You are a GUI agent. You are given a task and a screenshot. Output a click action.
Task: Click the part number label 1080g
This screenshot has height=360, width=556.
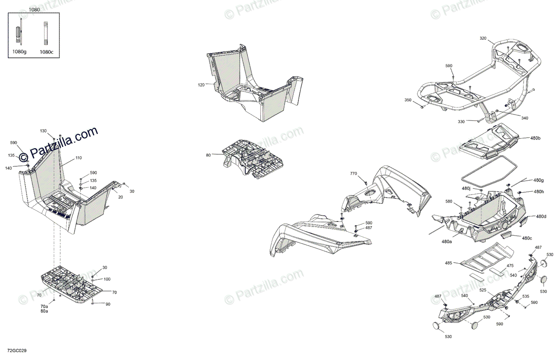click(x=19, y=52)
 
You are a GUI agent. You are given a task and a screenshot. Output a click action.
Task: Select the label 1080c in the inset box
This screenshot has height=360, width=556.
click(x=46, y=52)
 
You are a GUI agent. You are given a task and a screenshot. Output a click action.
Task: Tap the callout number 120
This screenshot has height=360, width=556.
click(x=201, y=85)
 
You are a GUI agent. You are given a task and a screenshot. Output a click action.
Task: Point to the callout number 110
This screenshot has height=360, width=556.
click(x=78, y=158)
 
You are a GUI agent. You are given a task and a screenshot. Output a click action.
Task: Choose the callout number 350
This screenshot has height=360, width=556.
click(x=408, y=100)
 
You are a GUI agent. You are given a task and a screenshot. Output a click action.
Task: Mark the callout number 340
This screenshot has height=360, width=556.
click(x=524, y=118)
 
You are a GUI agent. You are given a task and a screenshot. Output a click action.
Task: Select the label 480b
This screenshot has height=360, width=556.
click(x=536, y=138)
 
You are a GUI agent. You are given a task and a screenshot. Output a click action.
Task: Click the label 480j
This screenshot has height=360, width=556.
click(x=466, y=189)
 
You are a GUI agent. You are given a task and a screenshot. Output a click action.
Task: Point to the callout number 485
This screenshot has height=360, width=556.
click(x=449, y=263)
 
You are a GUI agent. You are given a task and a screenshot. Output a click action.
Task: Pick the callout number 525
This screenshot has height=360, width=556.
click(x=483, y=291)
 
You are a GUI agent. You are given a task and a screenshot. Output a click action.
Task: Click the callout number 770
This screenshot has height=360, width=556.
click(x=354, y=173)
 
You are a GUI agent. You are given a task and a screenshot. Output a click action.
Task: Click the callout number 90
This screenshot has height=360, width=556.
click(x=108, y=304)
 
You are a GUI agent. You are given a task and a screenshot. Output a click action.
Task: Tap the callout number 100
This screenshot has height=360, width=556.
click(x=107, y=279)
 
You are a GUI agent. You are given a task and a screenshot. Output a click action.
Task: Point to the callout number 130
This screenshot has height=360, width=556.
click(x=43, y=131)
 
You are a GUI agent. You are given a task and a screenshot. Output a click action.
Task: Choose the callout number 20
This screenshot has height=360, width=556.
click(x=120, y=197)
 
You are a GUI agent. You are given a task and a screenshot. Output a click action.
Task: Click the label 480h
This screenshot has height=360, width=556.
click(x=538, y=192)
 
